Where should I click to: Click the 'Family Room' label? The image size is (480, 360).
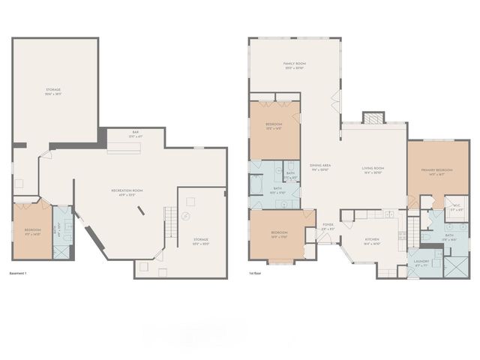294,64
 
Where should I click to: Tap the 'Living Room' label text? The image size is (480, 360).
372,170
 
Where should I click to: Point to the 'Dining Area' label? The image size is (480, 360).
321,166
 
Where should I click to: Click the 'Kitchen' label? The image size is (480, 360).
372,241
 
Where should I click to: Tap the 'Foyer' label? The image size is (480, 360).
328,226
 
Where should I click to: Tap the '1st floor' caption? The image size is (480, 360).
256,272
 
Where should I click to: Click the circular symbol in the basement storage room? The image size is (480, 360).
190,199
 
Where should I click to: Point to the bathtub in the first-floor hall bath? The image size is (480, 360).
256,184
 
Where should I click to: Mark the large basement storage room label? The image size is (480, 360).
52,91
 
